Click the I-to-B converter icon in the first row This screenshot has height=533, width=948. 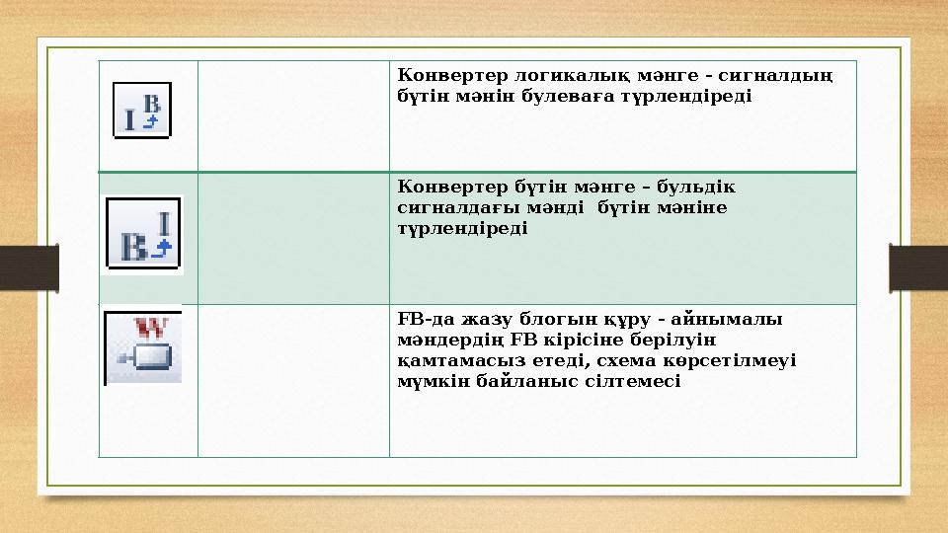pyautogui.click(x=142, y=110)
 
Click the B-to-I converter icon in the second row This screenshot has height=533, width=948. pyautogui.click(x=144, y=234)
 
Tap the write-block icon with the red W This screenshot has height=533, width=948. pyautogui.click(x=143, y=347)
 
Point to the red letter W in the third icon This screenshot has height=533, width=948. pyautogui.click(x=156, y=325)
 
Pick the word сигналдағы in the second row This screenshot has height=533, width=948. pyautogui.click(x=445, y=208)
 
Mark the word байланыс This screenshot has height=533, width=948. pyautogui.click(x=539, y=381)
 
